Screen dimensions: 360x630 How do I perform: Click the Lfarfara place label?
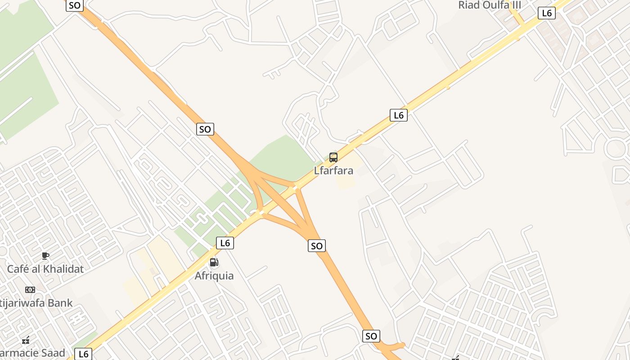pos(333,171)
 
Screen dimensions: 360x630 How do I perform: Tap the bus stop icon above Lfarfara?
pos(333,157)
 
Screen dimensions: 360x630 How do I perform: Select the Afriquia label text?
pos(214,276)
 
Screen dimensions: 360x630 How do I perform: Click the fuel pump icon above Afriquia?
pos(214,262)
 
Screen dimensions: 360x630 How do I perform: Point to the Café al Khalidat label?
pos(45,269)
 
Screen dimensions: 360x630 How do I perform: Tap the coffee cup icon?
pos(45,256)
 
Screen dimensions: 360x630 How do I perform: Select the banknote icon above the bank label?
pos(30,289)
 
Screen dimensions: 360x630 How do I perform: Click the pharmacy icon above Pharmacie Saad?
pos(26,340)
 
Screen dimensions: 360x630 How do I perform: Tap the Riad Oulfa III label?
pos(490,5)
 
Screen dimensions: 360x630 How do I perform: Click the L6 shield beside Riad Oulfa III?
pos(547,13)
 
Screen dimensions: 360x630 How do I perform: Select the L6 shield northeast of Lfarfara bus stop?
pos(399,115)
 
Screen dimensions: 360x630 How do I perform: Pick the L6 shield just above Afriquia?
pos(225,243)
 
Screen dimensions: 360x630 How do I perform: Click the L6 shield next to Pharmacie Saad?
pos(83,354)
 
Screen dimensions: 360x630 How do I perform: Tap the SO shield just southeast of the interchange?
pos(317,246)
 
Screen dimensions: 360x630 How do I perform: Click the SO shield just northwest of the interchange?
pos(205,129)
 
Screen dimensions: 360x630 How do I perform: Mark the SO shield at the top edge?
pos(74,5)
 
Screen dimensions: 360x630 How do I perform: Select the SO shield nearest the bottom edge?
pos(371,336)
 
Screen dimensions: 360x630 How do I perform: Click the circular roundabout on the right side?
pos(616,148)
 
